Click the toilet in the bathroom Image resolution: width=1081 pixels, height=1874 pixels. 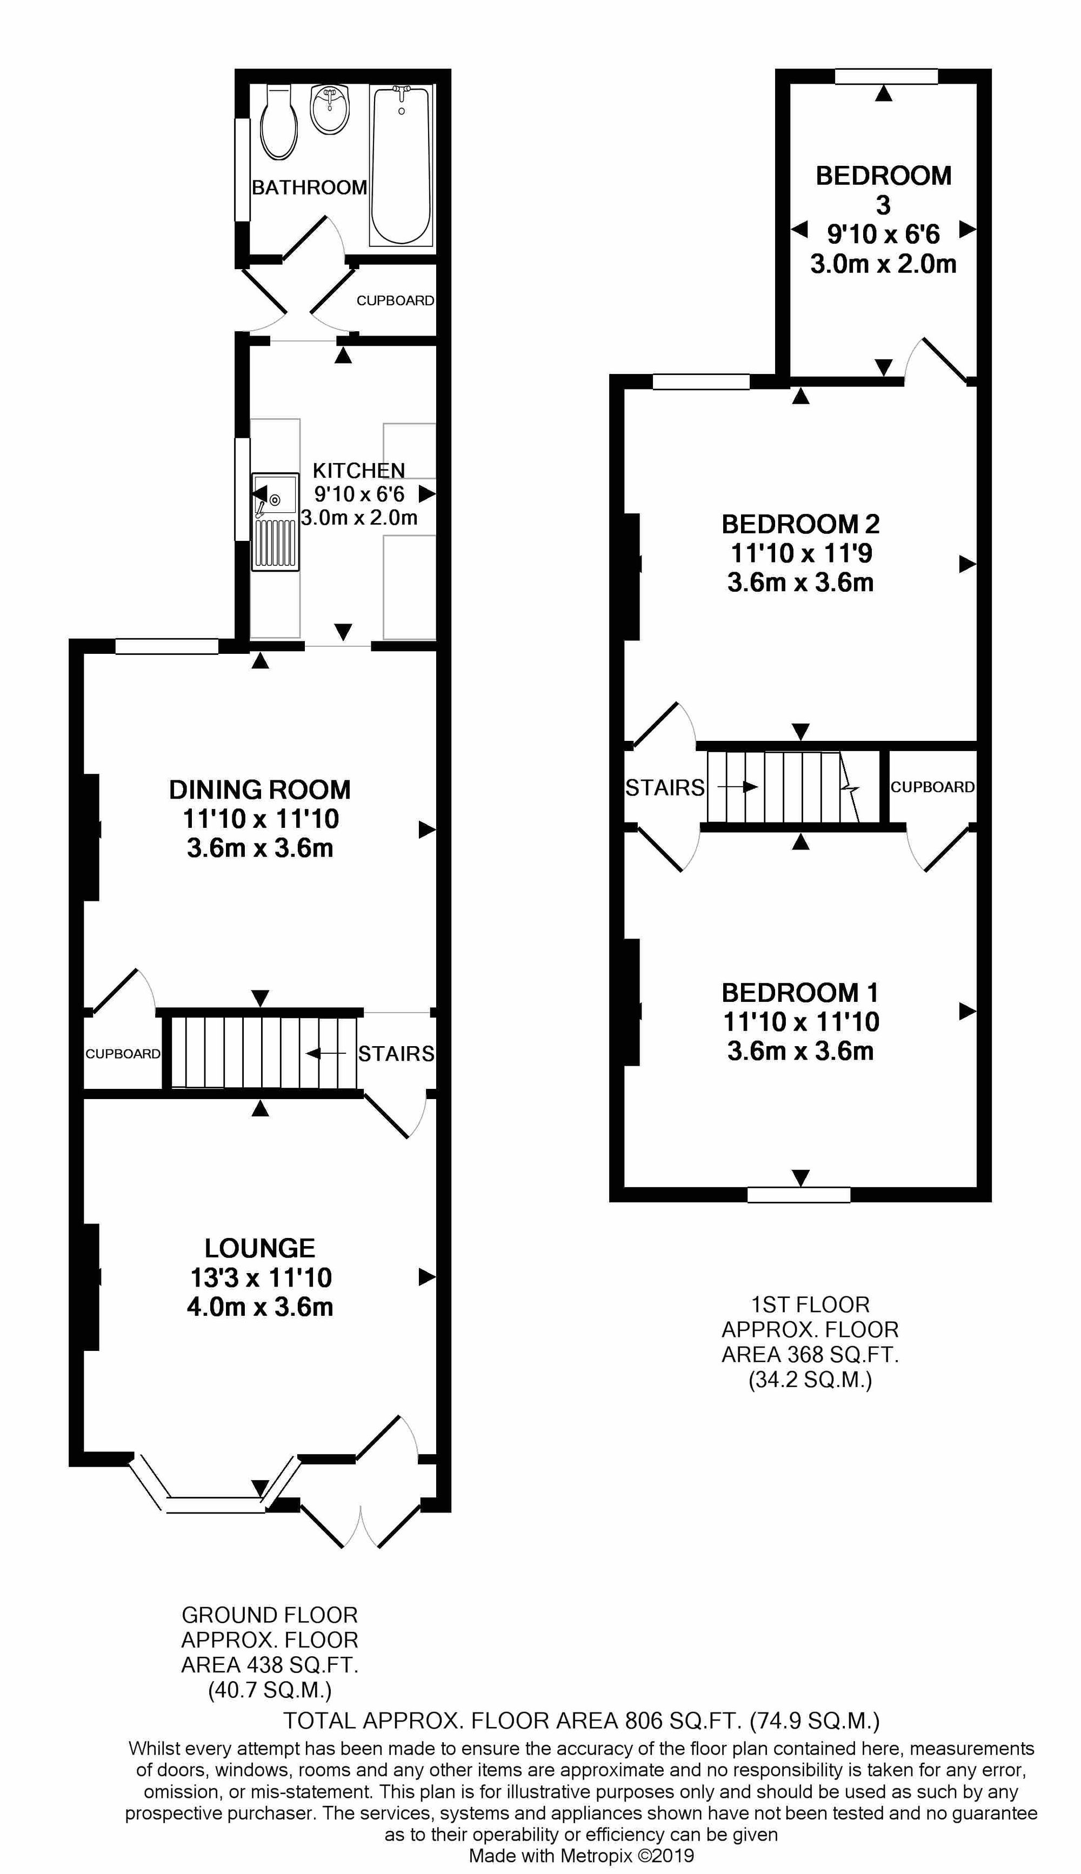[x=278, y=122]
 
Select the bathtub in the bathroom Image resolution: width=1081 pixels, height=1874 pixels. [x=401, y=165]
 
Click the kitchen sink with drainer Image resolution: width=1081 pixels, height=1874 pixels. [x=276, y=523]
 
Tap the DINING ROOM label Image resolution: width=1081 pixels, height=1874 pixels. [x=260, y=789]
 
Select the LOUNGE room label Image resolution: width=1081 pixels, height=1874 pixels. [x=260, y=1248]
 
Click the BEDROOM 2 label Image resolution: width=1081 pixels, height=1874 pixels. [x=800, y=525]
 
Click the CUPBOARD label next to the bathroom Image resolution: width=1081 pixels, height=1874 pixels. [x=395, y=300]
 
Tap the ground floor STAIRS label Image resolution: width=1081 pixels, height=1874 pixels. [x=396, y=1054]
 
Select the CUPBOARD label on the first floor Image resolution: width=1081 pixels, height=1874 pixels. [x=932, y=787]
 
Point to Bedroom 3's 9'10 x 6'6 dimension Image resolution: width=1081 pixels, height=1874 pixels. [x=884, y=235]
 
